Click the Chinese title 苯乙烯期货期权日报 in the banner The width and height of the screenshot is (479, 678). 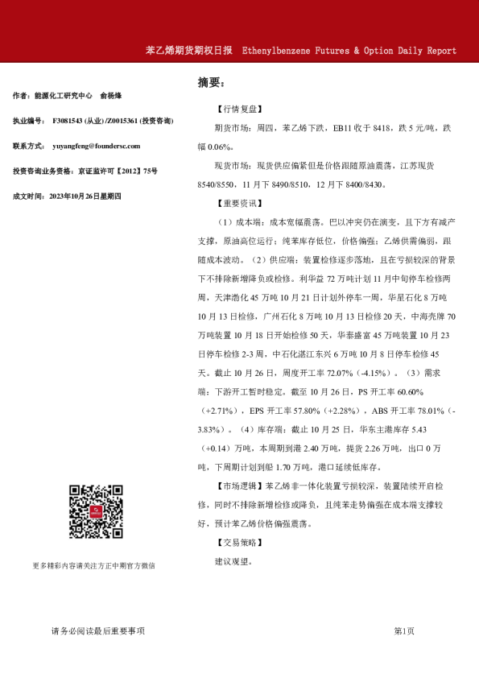pos(188,50)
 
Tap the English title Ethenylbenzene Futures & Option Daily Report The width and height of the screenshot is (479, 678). pos(349,50)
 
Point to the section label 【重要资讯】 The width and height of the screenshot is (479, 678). pos(239,202)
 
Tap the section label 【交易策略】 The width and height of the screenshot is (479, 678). pos(239,544)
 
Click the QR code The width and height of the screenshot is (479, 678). pos(94,512)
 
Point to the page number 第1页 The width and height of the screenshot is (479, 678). pos(404,631)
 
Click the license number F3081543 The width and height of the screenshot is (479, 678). pos(74,121)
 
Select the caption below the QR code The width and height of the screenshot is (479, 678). pos(94,566)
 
